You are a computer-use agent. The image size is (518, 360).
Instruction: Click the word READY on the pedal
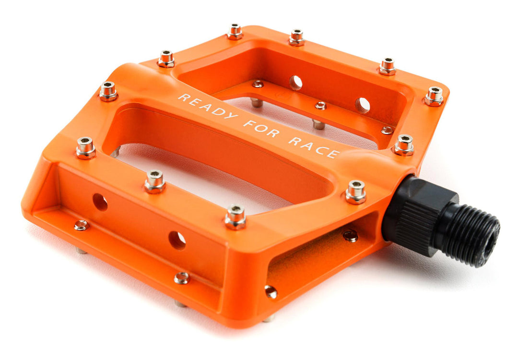point(208,105)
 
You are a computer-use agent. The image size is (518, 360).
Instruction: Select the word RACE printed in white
point(314,147)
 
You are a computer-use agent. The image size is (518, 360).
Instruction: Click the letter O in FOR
point(261,128)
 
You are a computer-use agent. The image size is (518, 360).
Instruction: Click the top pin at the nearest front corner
point(235,217)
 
